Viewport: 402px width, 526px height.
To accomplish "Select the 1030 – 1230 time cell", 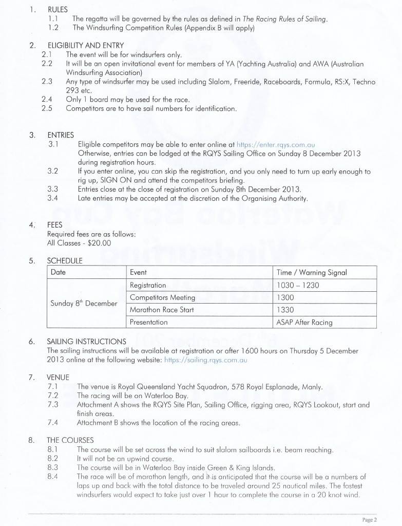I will tap(298, 285).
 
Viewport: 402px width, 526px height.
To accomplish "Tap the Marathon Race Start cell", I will tap(162, 310).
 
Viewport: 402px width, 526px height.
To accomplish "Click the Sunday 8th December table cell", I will tap(84, 303).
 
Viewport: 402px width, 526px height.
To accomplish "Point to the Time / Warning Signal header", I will tap(312, 272).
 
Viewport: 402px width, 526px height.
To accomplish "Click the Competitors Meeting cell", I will tap(162, 297).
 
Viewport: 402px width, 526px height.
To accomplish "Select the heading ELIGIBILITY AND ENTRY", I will tap(80, 45).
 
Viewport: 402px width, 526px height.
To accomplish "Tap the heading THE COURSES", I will tap(70, 440).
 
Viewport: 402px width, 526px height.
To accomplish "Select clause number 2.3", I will tap(47, 82).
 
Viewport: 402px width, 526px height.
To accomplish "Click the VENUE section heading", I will tap(58, 377).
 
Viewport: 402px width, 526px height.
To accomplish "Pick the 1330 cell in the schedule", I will tap(284, 310).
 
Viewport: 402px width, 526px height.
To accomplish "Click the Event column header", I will tap(138, 272).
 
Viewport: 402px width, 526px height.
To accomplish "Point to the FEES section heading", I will tap(55, 224).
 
